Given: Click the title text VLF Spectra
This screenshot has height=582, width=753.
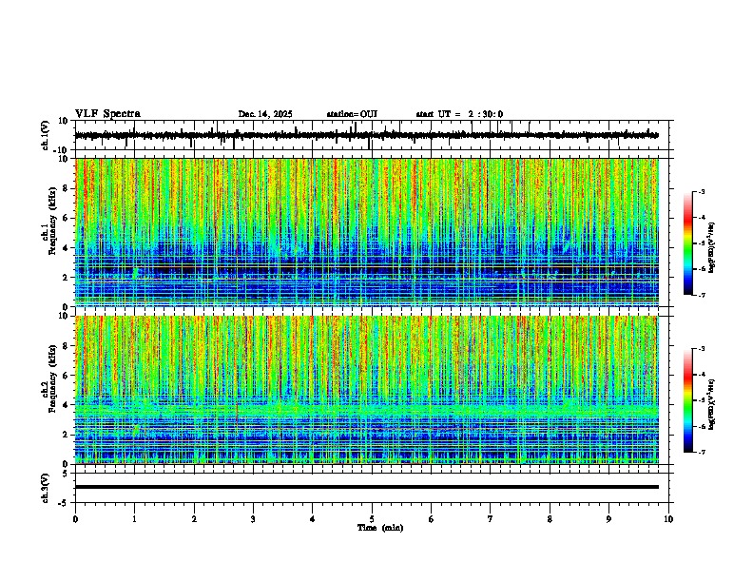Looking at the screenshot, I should [x=107, y=114].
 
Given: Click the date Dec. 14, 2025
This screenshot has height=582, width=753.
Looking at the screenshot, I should [x=265, y=114].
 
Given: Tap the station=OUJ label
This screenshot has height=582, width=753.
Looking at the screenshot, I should [x=352, y=114].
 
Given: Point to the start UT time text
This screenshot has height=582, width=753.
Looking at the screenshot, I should [x=459, y=114].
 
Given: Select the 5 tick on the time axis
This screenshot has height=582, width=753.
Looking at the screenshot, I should [x=372, y=518].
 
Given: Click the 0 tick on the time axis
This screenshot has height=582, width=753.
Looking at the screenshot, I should [x=75, y=518].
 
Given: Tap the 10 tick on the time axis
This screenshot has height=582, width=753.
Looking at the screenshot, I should [x=668, y=518].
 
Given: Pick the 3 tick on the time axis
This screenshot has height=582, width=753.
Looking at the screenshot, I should [x=253, y=518].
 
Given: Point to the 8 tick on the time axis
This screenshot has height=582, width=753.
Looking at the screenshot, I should [x=550, y=518].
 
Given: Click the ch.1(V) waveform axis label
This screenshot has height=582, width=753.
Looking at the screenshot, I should [x=46, y=136].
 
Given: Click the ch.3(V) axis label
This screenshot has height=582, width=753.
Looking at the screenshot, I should [x=46, y=487].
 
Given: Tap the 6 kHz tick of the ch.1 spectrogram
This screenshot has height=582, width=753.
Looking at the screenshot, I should [x=68, y=218].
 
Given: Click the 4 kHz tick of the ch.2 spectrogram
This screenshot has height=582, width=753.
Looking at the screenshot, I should [x=68, y=404].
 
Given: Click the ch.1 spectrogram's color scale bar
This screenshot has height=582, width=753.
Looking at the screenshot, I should [x=688, y=243].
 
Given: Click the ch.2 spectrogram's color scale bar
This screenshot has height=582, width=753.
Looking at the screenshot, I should [x=688, y=400].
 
